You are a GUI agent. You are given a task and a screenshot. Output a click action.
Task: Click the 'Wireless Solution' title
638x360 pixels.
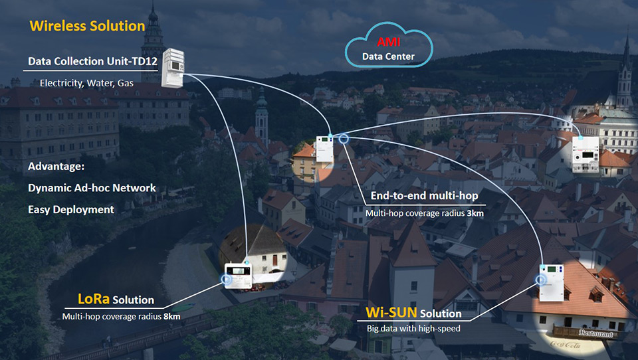[87, 27]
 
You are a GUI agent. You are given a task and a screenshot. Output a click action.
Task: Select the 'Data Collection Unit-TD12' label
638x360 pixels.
[92, 62]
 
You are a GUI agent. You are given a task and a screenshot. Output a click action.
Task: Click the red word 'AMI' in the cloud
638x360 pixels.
[388, 43]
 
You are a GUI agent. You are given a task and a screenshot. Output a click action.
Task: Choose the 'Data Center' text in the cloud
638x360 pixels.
[388, 56]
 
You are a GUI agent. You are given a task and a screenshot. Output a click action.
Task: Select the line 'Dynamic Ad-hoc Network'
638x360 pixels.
[92, 187]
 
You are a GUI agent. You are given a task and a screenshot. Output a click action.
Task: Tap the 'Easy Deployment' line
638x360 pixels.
[71, 209]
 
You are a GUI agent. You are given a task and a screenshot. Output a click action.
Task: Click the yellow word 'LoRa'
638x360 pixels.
[94, 300]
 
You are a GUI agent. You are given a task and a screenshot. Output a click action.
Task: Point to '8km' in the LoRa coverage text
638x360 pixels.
[171, 316]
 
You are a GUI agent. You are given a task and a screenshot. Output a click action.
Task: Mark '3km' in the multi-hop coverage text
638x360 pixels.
[475, 213]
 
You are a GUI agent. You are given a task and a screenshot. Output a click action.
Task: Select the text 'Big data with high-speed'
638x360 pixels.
[414, 328]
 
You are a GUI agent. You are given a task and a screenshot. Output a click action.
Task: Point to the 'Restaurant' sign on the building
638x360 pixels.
[585, 332]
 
